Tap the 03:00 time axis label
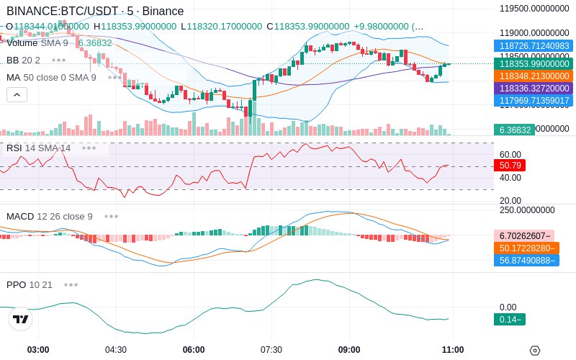(38, 350)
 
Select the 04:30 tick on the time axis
(116, 350)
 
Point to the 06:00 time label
(194, 350)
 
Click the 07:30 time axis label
(271, 350)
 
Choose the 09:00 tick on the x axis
(349, 350)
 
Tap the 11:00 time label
(452, 350)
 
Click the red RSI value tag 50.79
(510, 165)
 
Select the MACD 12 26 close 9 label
(49, 216)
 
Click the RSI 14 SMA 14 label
(38, 148)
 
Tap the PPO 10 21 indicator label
(30, 284)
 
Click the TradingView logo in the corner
(21, 319)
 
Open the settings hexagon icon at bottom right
(534, 351)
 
